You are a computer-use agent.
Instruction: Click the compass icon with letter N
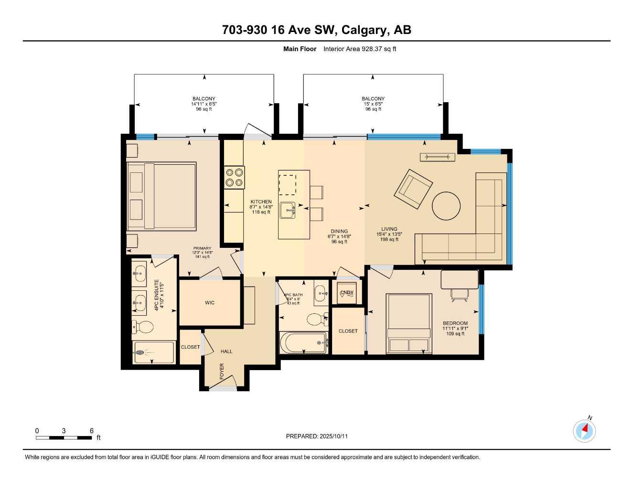click(x=584, y=431)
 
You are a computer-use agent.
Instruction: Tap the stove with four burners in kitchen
click(x=234, y=177)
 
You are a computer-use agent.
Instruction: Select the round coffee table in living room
click(x=446, y=206)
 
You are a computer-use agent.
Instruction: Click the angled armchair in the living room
click(x=413, y=189)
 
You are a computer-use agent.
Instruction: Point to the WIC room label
click(x=209, y=303)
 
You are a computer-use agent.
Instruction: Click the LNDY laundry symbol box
click(x=346, y=293)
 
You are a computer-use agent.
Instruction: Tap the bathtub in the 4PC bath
click(x=304, y=342)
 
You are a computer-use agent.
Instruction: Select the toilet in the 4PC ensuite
click(x=142, y=327)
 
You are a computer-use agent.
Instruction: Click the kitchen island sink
click(x=287, y=210)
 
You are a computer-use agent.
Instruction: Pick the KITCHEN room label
click(x=261, y=202)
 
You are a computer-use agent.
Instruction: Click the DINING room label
click(x=339, y=231)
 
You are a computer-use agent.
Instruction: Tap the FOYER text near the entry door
click(x=222, y=372)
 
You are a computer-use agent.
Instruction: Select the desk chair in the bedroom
click(x=459, y=296)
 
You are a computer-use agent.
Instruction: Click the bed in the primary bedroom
click(x=162, y=196)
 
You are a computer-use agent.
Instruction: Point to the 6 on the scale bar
click(x=91, y=431)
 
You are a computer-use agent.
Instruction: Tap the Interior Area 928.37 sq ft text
click(x=360, y=49)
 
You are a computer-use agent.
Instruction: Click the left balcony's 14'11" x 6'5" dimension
click(x=204, y=104)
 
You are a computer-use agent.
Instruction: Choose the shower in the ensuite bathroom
click(x=153, y=352)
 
